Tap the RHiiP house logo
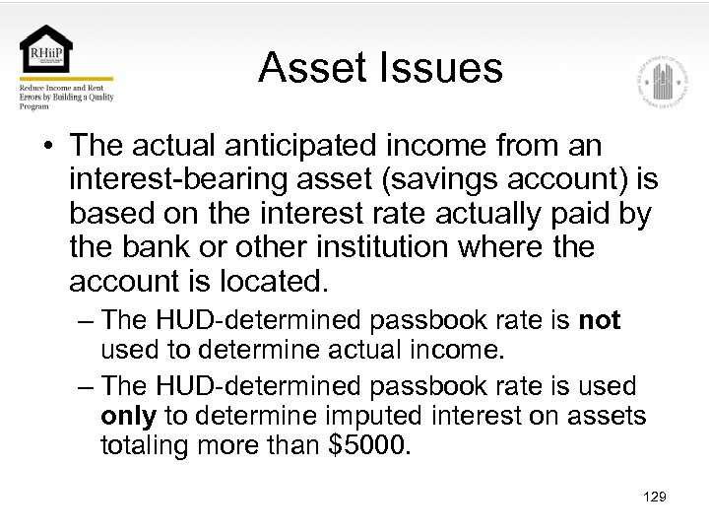click(x=46, y=49)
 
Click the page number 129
click(x=654, y=497)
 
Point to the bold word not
click(x=600, y=320)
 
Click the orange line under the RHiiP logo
click(x=66, y=79)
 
